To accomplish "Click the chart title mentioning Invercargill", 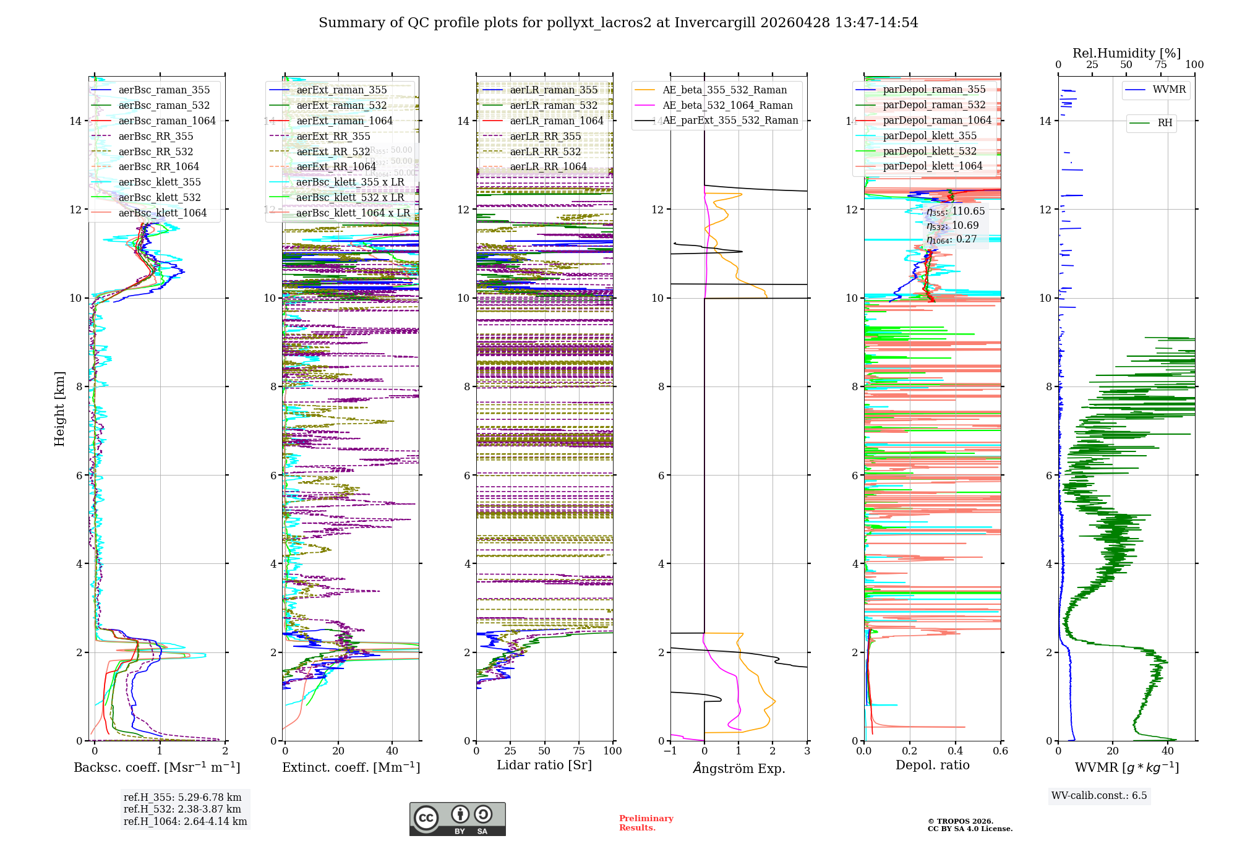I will tap(618, 23).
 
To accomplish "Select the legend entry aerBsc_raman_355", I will tap(164, 90).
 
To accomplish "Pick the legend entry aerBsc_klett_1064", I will tap(163, 213).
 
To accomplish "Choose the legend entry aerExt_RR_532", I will tap(333, 152).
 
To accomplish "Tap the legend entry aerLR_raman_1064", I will tap(556, 121).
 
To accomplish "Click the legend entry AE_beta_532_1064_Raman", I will tap(727, 105).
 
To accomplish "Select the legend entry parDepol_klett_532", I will tap(930, 151).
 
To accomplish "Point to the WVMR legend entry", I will tap(1169, 90).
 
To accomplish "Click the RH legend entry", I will tap(1165, 123).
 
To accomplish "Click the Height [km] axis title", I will tap(59, 409).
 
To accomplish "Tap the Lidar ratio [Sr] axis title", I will tap(544, 765).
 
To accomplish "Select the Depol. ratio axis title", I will tap(932, 765).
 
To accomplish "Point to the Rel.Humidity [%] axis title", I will tap(1126, 53).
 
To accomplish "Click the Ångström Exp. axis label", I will tap(738, 768).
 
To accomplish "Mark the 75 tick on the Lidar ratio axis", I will tap(579, 751).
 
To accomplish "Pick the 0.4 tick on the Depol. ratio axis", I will tap(955, 751).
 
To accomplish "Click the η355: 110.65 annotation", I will tap(956, 211).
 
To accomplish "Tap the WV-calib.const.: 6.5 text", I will tap(1099, 795).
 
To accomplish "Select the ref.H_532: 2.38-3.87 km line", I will tap(182, 809).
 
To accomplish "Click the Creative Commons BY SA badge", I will tap(457, 819).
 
